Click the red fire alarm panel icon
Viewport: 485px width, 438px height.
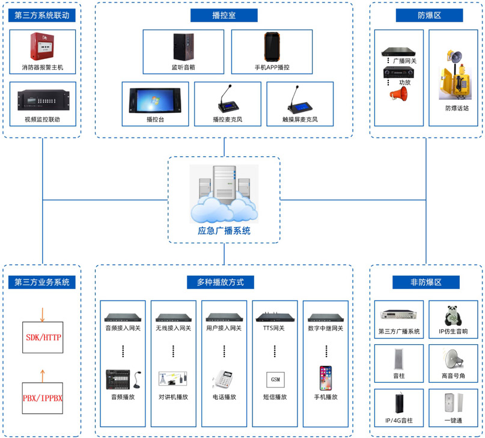coord(42,47)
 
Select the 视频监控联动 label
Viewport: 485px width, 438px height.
coord(43,120)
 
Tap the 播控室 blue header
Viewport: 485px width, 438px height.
coord(224,16)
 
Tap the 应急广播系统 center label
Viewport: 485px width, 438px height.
coord(224,230)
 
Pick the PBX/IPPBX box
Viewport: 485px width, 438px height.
coord(43,398)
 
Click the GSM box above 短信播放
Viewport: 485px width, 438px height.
coord(275,380)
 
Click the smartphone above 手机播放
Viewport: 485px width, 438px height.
coord(326,379)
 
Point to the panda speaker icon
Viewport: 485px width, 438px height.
coord(451,315)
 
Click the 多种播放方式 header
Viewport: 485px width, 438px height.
coord(224,282)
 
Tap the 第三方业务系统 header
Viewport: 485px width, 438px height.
coord(43,282)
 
